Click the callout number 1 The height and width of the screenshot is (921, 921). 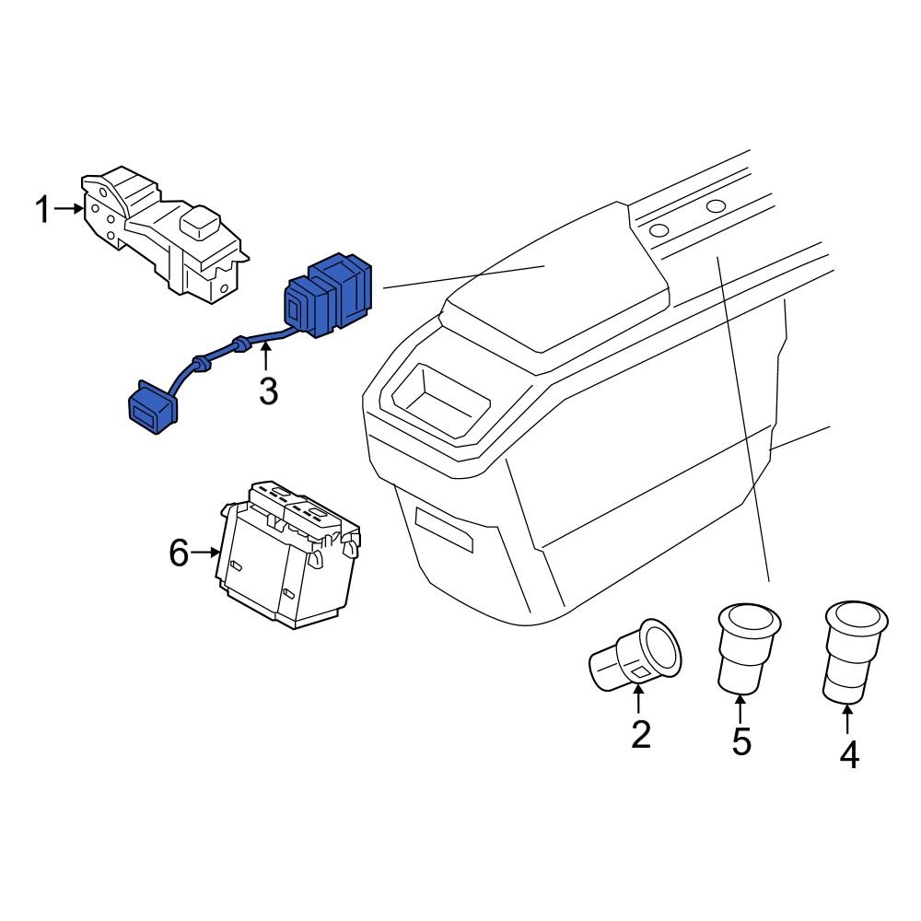(42, 210)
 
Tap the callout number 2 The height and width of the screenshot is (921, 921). (640, 734)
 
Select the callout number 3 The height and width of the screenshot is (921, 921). (267, 391)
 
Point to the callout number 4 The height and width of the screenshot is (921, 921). (848, 755)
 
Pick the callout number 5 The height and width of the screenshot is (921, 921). (741, 740)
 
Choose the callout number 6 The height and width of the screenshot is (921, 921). (179, 553)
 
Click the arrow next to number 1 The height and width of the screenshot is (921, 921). (69, 209)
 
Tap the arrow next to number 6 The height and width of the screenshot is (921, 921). (205, 553)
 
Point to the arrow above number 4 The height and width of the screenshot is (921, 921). (847, 717)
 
